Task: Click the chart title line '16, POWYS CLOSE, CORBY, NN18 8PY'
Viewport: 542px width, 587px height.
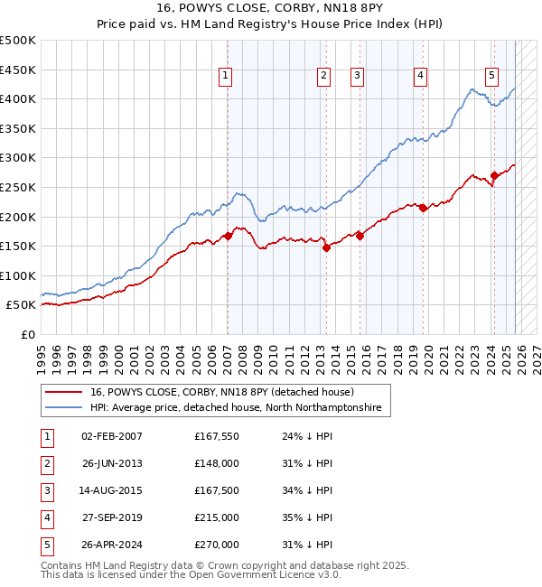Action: point(271,10)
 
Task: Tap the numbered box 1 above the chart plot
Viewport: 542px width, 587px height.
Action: point(225,77)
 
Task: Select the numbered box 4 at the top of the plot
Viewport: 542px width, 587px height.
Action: point(421,77)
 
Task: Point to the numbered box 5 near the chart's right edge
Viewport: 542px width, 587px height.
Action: point(491,77)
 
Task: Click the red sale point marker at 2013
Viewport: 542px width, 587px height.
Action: point(326,247)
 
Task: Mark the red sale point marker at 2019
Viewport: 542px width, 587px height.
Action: point(423,208)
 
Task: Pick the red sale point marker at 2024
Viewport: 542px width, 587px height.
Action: point(494,175)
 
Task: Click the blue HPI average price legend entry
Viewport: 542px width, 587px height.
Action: point(235,408)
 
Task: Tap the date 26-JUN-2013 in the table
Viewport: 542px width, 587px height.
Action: point(112,462)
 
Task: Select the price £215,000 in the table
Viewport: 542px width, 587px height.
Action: point(217,517)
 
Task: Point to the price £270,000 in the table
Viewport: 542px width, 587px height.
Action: point(217,545)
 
